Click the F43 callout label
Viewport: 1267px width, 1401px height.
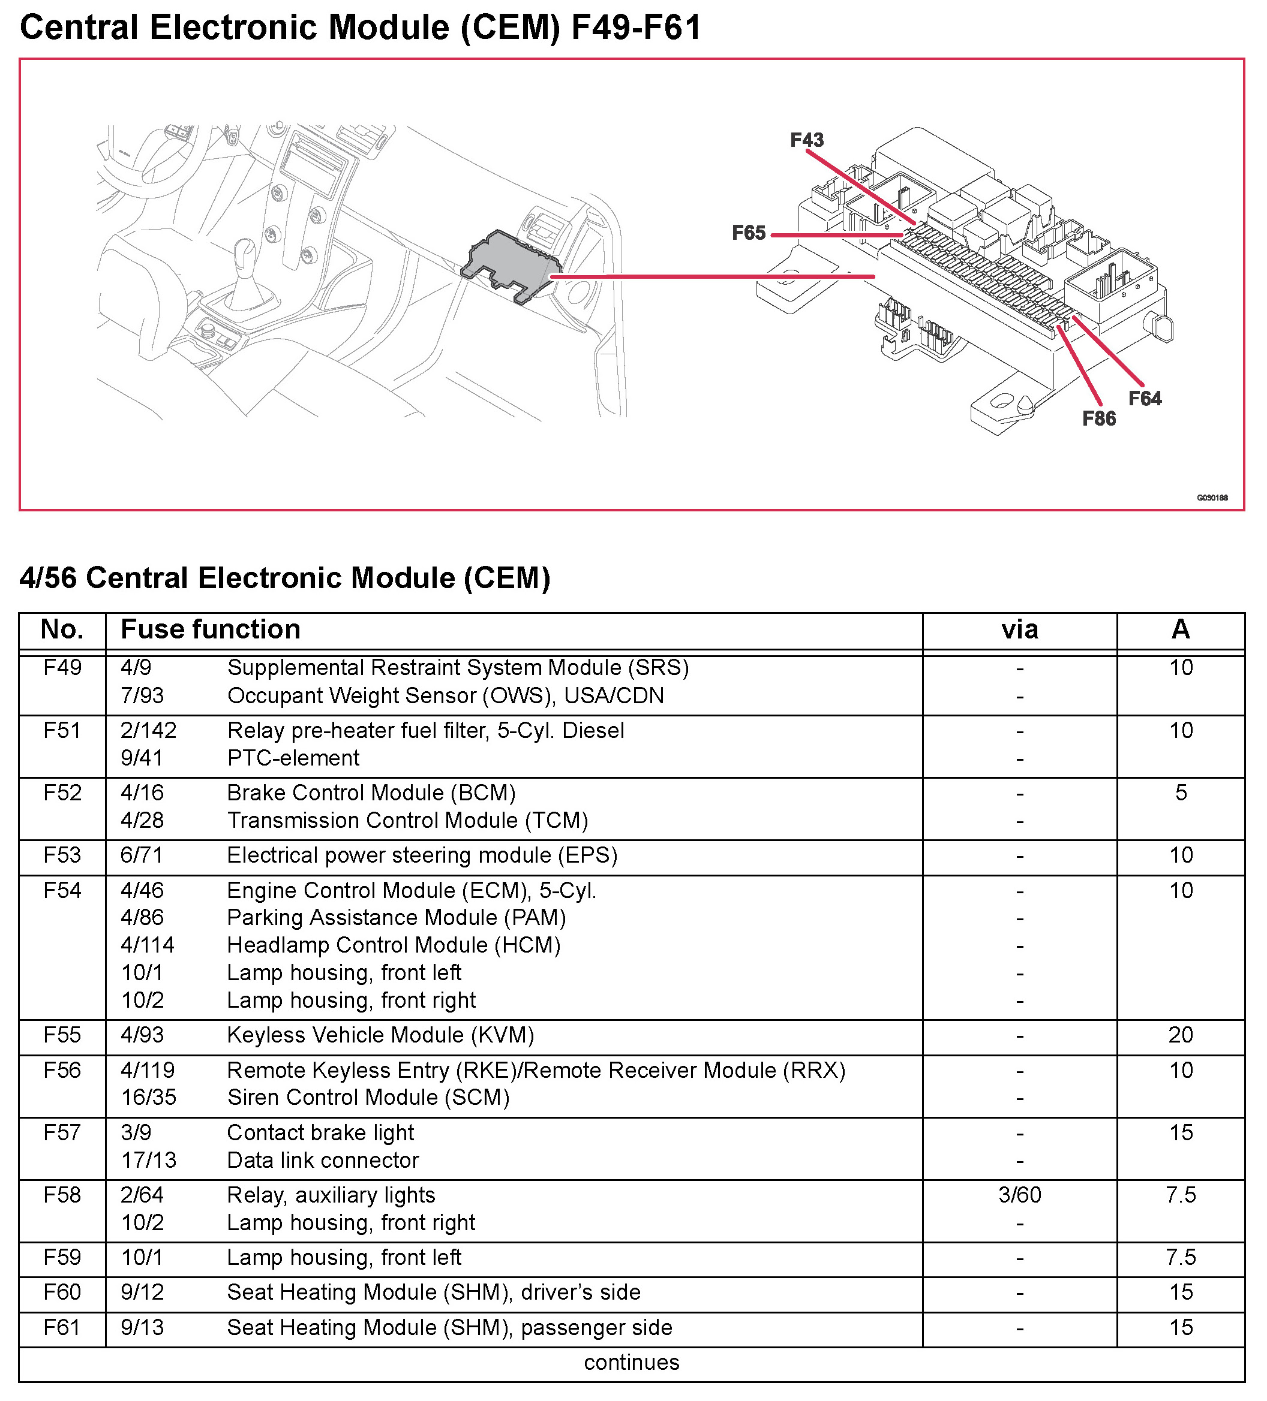(x=807, y=140)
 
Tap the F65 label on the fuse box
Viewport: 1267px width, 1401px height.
(x=748, y=233)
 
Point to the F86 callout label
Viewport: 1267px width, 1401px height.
(x=1098, y=418)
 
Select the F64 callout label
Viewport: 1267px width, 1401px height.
(x=1145, y=398)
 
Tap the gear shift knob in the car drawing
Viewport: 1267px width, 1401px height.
(x=245, y=253)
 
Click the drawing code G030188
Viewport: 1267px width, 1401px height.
(x=1212, y=498)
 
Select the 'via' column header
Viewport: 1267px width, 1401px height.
(x=1019, y=629)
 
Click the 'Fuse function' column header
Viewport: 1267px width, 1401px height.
(x=210, y=629)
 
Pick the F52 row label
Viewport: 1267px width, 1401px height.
(x=62, y=793)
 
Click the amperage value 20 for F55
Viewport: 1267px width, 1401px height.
(x=1181, y=1035)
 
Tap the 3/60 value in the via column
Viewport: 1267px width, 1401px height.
(x=1019, y=1195)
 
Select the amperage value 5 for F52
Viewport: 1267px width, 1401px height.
(x=1181, y=793)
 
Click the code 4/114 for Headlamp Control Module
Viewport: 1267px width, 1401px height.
(x=148, y=945)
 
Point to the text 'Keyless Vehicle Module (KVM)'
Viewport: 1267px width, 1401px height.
(x=380, y=1035)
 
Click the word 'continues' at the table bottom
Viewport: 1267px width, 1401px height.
(x=632, y=1362)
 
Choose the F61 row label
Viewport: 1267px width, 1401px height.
(x=62, y=1327)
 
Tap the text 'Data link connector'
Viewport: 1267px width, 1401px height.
(x=323, y=1160)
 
